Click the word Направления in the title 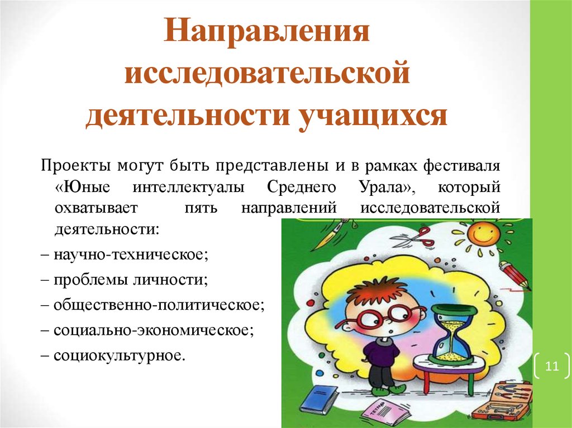point(266,31)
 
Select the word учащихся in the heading point(373,117)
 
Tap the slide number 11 point(551,366)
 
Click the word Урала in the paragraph point(388,187)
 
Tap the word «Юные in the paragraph point(83,187)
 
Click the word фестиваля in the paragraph point(461,166)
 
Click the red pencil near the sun point(515,275)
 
